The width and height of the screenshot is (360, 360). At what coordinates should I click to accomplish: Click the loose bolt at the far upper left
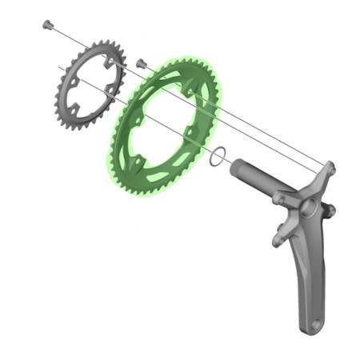coord(47,25)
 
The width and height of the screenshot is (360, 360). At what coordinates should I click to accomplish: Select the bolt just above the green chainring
coord(142,62)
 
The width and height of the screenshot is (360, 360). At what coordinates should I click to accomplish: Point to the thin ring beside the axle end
coord(214,157)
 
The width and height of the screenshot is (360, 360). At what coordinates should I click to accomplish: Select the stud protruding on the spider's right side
coord(332,210)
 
